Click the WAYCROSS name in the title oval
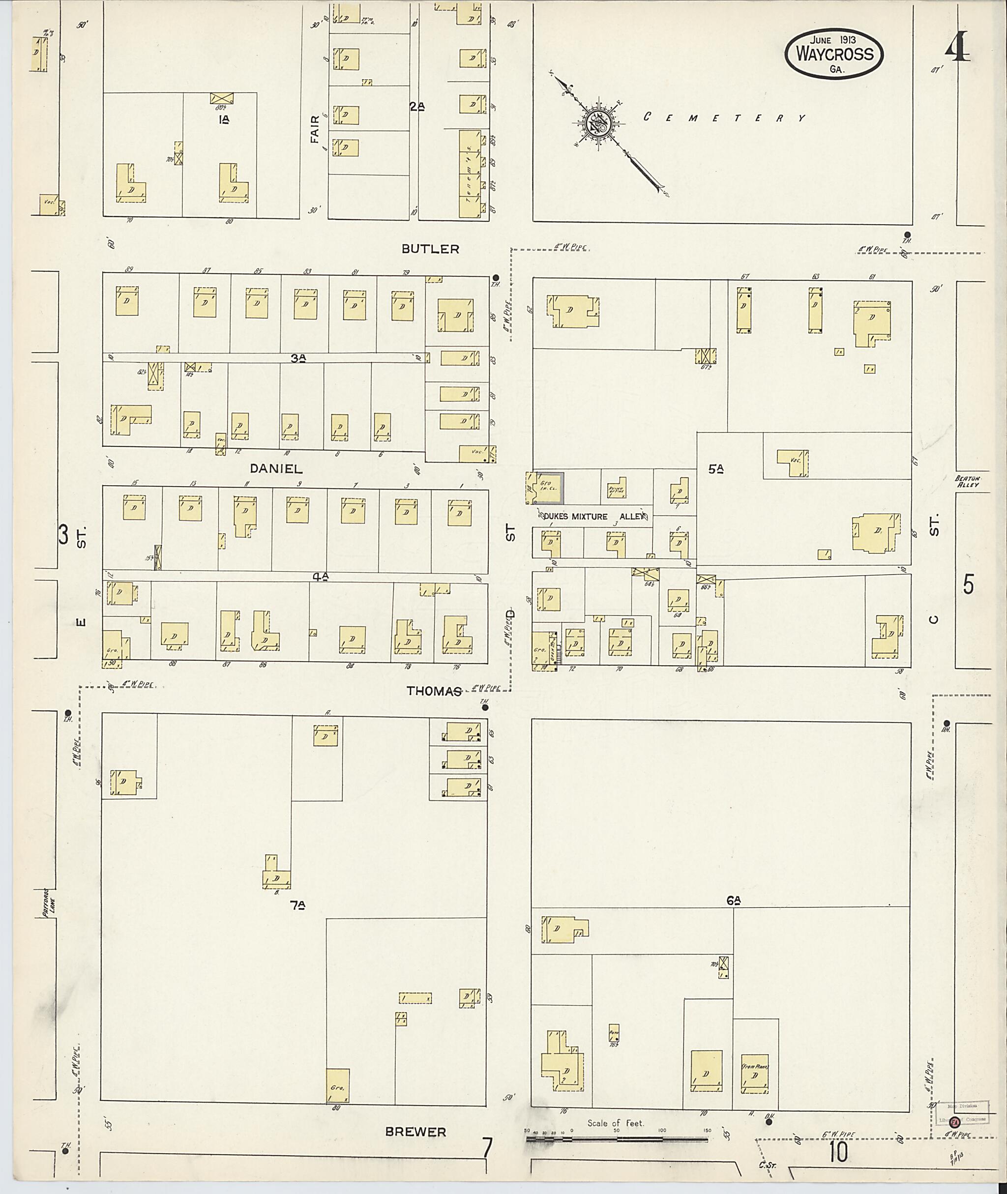[x=834, y=54]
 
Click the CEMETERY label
[x=725, y=117]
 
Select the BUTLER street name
[x=430, y=249]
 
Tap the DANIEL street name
[x=276, y=468]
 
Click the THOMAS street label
[x=434, y=691]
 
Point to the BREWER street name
[x=415, y=1131]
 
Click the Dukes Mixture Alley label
[x=593, y=516]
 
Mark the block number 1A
[x=223, y=119]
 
